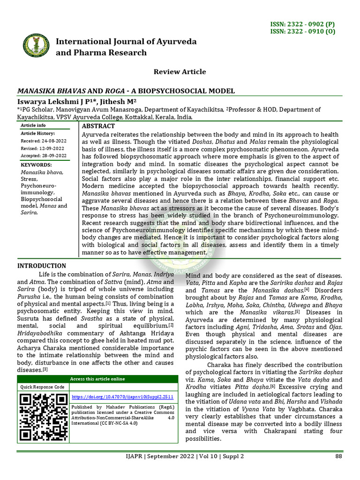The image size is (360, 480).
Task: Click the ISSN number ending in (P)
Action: (x=308, y=24)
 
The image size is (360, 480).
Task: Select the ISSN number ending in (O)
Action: (x=308, y=32)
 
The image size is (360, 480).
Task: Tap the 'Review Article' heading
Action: (x=180, y=72)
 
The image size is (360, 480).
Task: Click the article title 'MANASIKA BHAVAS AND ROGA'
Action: (x=126, y=91)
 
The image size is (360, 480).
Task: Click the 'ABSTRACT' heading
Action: (x=98, y=126)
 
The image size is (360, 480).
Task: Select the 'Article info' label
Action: (x=33, y=126)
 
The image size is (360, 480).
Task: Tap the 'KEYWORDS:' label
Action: (x=36, y=165)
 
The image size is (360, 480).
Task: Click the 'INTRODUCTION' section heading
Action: (x=42, y=266)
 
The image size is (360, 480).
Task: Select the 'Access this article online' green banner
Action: (x=97, y=379)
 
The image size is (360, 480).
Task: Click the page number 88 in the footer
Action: (x=338, y=456)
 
